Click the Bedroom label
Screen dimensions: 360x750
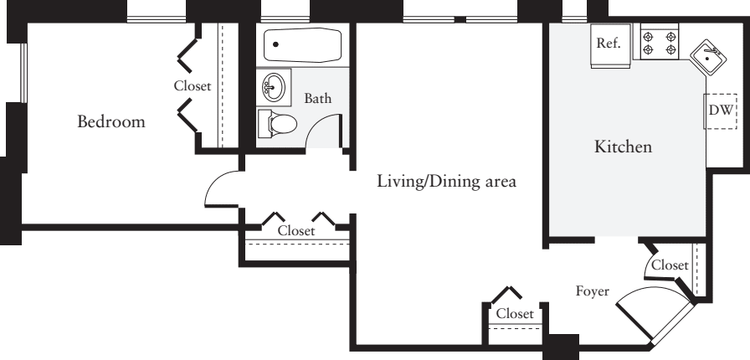(110, 122)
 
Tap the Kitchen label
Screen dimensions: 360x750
(623, 147)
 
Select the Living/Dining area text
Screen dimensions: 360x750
(445, 181)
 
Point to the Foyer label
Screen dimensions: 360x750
(592, 291)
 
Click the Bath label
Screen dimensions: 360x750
(317, 99)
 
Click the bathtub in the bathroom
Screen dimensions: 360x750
(302, 45)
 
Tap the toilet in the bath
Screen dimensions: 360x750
(279, 124)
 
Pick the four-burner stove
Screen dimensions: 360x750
(659, 42)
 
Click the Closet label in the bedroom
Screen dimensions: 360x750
(192, 85)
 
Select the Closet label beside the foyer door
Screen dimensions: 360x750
(670, 265)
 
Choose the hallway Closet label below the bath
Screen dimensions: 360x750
(296, 231)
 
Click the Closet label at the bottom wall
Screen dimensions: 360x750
(514, 314)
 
